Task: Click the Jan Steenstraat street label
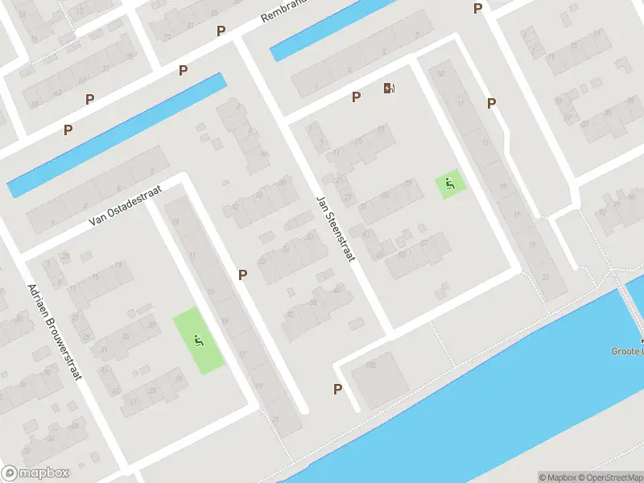[336, 228]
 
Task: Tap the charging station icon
[390, 88]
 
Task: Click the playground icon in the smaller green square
[450, 184]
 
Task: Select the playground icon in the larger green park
[198, 341]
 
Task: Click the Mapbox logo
[35, 473]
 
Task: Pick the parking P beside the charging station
[356, 97]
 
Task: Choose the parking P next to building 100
[337, 390]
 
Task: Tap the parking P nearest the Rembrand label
[221, 31]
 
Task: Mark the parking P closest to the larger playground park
[242, 275]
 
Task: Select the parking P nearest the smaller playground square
[491, 103]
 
